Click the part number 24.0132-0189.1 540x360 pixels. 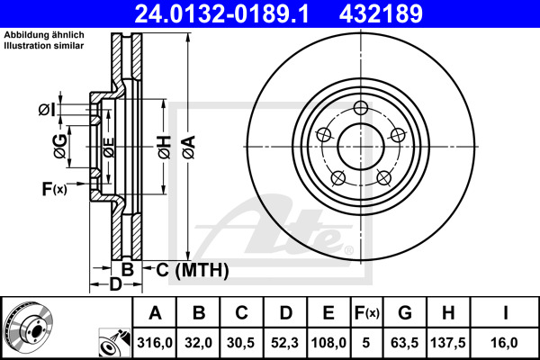(x=247, y=15)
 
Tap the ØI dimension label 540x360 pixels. (x=47, y=110)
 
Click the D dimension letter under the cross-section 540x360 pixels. (x=115, y=285)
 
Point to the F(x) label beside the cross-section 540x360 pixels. (x=54, y=188)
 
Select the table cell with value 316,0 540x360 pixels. (x=155, y=342)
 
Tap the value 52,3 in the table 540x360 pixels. (x=285, y=342)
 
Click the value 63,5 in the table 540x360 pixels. (x=406, y=342)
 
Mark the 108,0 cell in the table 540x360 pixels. (x=329, y=342)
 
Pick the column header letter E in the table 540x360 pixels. (x=329, y=313)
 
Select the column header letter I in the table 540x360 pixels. (x=505, y=313)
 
